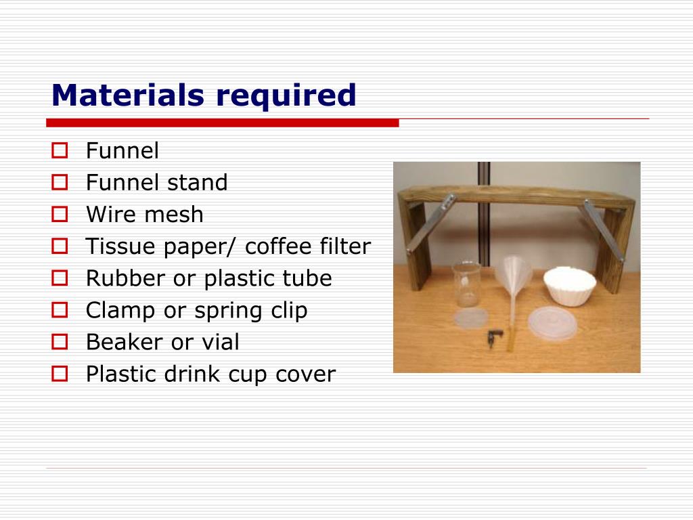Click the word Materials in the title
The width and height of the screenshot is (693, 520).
(128, 95)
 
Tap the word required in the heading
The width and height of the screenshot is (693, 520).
(286, 96)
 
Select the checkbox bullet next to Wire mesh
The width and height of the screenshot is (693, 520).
(60, 215)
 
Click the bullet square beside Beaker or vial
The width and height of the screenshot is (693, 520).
(60, 342)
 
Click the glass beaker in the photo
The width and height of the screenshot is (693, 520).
(465, 284)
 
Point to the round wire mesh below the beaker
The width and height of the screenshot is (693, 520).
(471, 318)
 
